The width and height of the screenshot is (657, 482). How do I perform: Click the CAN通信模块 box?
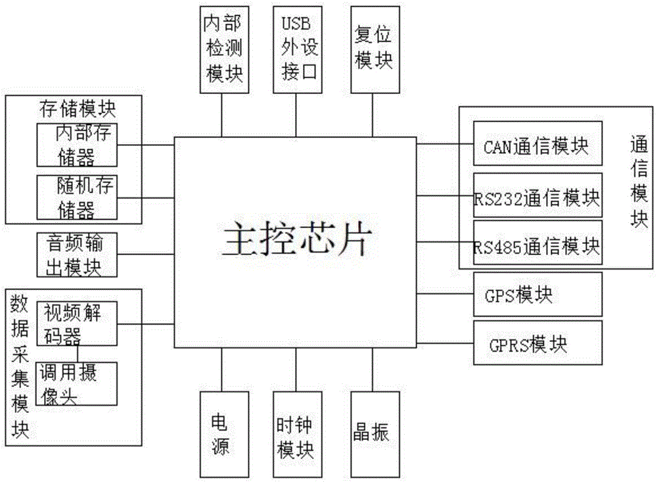click(537, 143)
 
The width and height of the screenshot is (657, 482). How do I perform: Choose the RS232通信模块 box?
click(537, 195)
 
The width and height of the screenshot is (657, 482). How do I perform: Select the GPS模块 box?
click(537, 294)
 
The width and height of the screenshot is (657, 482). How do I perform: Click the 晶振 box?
click(373, 434)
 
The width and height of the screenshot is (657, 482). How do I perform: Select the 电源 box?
click(221, 434)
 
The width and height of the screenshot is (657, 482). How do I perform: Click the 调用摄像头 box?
click(77, 383)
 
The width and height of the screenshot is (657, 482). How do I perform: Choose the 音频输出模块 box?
click(77, 255)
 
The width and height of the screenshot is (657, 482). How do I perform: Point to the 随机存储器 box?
click(77, 197)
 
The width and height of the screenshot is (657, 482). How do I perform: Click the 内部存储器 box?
click(77, 145)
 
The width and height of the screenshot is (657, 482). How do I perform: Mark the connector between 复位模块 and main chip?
click(373, 115)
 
